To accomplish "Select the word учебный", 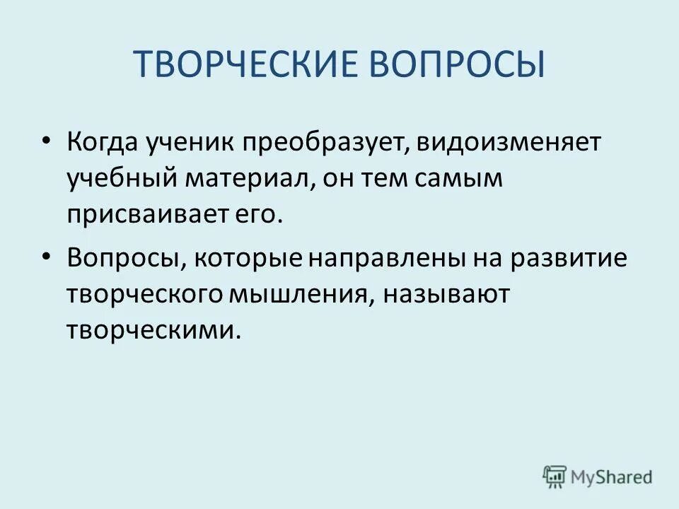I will pyautogui.click(x=121, y=180).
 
